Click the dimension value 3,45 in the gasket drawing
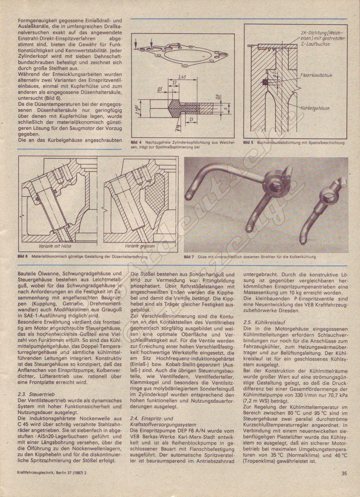pyautogui.click(x=182, y=77)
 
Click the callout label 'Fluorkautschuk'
pyautogui.click(x=316, y=75)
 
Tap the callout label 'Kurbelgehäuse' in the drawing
pyautogui.click(x=315, y=108)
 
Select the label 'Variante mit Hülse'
pyautogui.click(x=55, y=246)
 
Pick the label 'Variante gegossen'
pyautogui.click(x=140, y=246)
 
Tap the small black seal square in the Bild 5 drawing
pyautogui.click(x=264, y=83)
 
